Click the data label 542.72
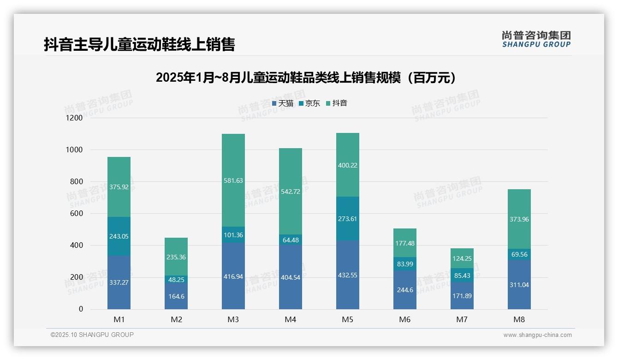[x=290, y=192]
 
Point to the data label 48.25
[x=176, y=280]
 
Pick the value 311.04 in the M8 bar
[x=519, y=285]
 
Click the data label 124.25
[x=462, y=258]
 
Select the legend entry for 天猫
[x=282, y=103]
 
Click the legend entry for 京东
[x=309, y=103]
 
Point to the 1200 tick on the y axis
[x=74, y=118]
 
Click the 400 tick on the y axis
[x=76, y=246]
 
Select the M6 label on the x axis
[x=404, y=319]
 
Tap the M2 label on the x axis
[x=176, y=319]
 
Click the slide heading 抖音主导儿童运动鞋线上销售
[x=139, y=44]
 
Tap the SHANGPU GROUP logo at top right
[x=536, y=39]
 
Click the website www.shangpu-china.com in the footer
[x=537, y=335]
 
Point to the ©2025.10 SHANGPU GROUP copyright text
[x=92, y=335]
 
